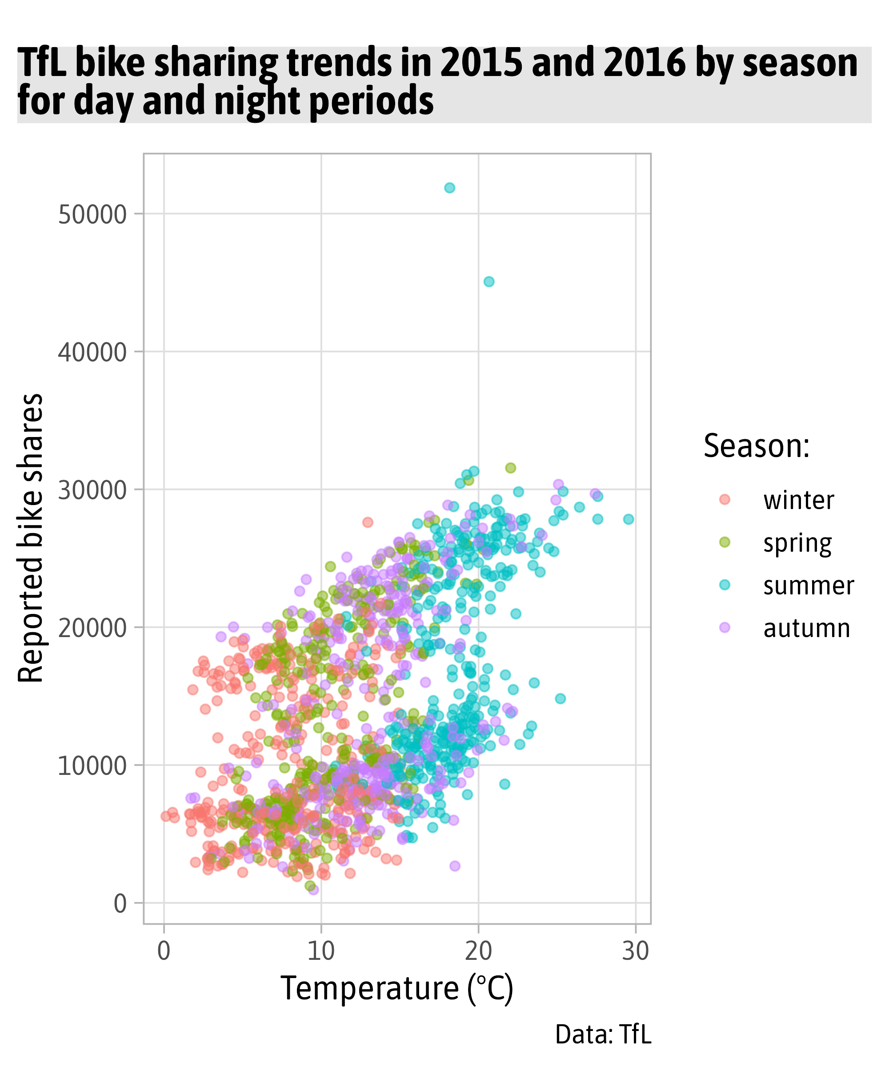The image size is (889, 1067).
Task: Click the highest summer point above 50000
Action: pyautogui.click(x=449, y=188)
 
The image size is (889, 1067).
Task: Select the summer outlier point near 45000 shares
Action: pyautogui.click(x=489, y=281)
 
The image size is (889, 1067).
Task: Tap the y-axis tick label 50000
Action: pyautogui.click(x=92, y=214)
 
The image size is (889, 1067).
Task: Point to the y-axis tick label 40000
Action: pyautogui.click(x=92, y=352)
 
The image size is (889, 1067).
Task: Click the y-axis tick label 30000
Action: pyautogui.click(x=92, y=490)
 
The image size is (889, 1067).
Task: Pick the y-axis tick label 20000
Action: pyautogui.click(x=92, y=629)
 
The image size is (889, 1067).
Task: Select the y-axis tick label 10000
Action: pyautogui.click(x=92, y=766)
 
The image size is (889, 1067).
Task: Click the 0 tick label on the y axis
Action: pyautogui.click(x=120, y=904)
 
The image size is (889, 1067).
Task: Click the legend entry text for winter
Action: pyautogui.click(x=798, y=501)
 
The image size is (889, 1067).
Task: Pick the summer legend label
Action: pyautogui.click(x=808, y=586)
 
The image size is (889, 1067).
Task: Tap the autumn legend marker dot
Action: pyautogui.click(x=725, y=627)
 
